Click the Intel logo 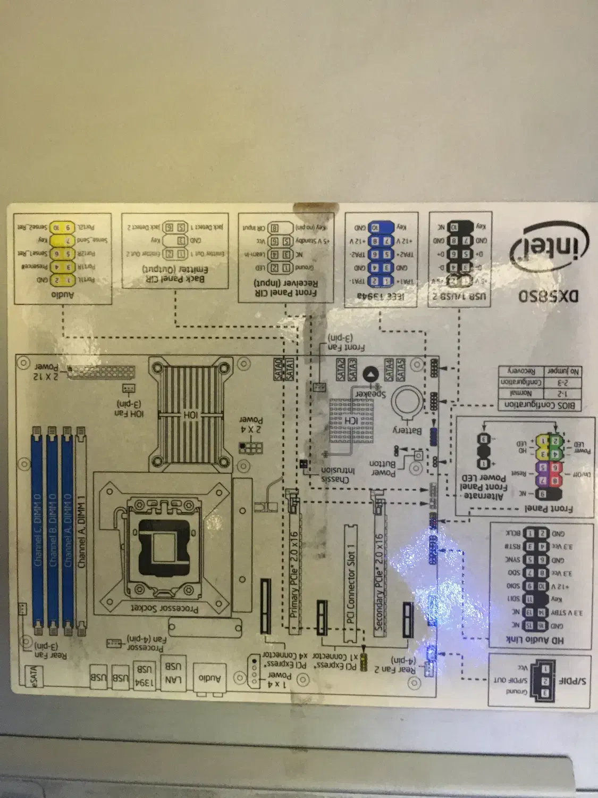click(550, 245)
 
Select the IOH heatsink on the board click(190, 412)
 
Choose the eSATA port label click(32, 675)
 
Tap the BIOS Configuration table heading click(542, 405)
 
